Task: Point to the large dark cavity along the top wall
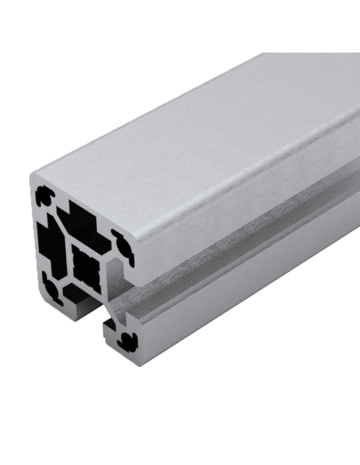coord(83,215)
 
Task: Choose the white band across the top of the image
coord(180,24)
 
